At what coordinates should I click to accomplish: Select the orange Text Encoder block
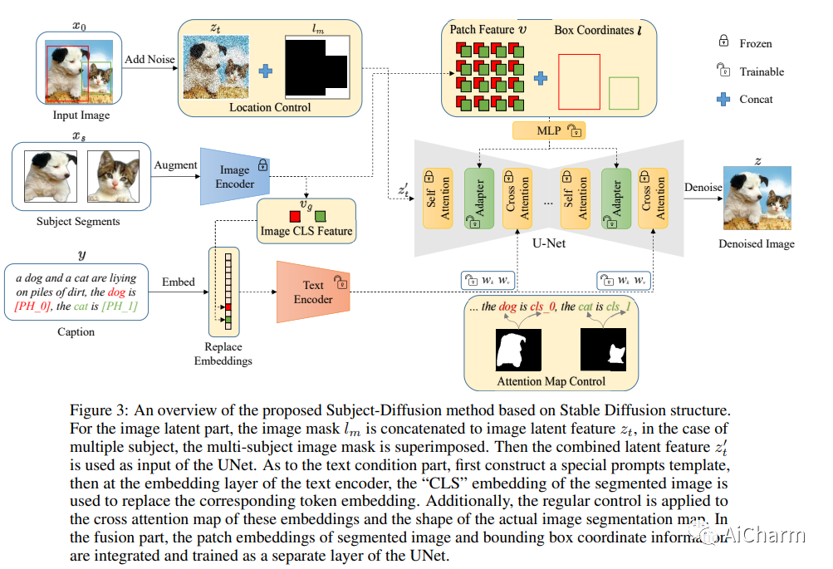point(312,292)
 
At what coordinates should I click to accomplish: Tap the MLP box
point(549,130)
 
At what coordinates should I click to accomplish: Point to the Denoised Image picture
point(756,198)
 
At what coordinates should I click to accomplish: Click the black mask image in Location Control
point(319,66)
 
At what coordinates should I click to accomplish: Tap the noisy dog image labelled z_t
point(215,67)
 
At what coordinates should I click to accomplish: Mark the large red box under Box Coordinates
point(578,81)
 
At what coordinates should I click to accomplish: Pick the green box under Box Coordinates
point(624,93)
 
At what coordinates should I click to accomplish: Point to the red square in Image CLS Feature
point(294,216)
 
